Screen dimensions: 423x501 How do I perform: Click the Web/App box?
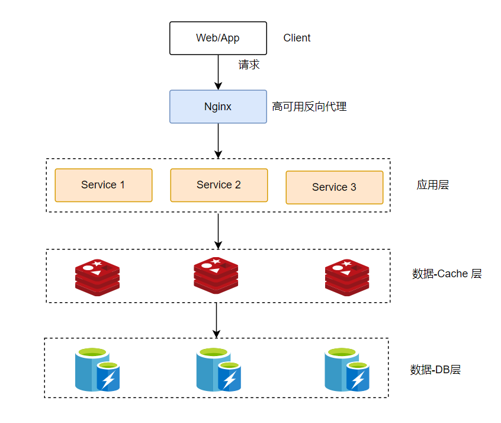tap(218, 38)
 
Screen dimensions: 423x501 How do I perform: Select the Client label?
tap(297, 38)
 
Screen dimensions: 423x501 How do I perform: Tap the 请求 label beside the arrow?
tap(249, 65)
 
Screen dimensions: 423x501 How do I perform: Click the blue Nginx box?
tap(218, 107)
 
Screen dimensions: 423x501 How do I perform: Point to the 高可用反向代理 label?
tap(309, 107)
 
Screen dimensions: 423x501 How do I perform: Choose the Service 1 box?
tap(103, 185)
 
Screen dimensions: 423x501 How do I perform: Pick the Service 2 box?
tap(219, 185)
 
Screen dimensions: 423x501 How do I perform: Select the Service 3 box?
tap(334, 187)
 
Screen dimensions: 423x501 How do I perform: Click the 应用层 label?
tap(432, 185)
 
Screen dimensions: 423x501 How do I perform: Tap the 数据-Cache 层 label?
tap(447, 274)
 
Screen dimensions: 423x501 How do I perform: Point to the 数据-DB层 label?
tap(435, 370)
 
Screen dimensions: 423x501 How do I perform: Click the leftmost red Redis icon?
tap(97, 277)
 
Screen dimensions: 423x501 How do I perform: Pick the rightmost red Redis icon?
tap(347, 277)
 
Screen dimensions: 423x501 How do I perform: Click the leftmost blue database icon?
tap(97, 370)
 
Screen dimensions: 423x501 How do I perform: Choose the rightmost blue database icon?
tap(347, 370)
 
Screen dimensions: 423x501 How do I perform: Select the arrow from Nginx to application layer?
tap(218, 140)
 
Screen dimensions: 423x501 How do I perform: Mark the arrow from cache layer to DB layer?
tap(217, 320)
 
